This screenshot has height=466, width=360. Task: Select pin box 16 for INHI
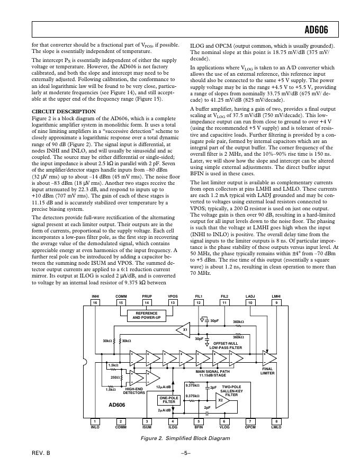[95, 302]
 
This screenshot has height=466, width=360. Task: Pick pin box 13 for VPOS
[173, 302]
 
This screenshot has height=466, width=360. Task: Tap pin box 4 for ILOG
[173, 421]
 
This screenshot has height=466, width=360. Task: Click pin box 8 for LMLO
[276, 421]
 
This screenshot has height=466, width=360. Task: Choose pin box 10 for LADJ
[250, 302]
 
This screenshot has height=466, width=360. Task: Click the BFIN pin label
[199, 427]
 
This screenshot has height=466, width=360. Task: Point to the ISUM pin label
[147, 427]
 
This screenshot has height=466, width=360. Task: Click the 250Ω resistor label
[114, 377]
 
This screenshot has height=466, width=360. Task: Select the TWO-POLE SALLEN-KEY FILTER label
[232, 391]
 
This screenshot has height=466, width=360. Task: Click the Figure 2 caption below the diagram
[185, 438]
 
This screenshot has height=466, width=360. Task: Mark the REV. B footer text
[40, 453]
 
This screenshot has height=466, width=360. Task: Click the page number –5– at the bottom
[185, 453]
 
